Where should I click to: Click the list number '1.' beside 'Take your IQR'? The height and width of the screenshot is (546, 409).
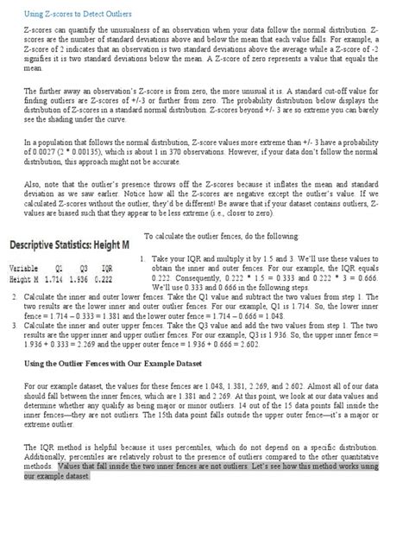[x=142, y=258]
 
